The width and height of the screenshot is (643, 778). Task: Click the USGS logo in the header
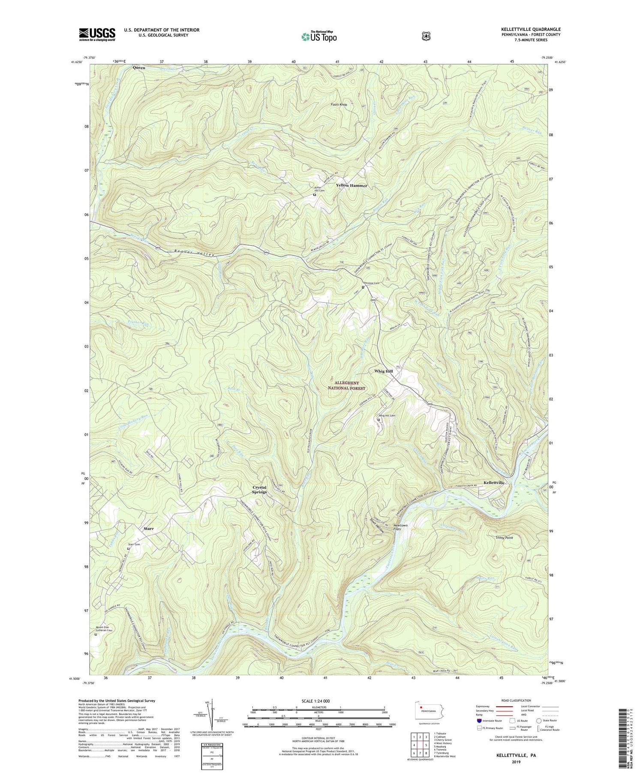coord(97,34)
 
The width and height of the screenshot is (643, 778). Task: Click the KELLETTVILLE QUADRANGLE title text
coord(530,29)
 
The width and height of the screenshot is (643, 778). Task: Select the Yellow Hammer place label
coord(352,185)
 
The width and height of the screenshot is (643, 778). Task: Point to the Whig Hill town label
coord(383,371)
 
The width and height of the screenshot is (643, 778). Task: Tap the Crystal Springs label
coord(259,490)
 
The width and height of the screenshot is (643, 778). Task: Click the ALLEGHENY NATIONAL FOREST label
coord(350,385)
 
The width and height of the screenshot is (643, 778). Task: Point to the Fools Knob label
coord(339,104)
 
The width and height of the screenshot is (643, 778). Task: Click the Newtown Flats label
coord(400,527)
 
